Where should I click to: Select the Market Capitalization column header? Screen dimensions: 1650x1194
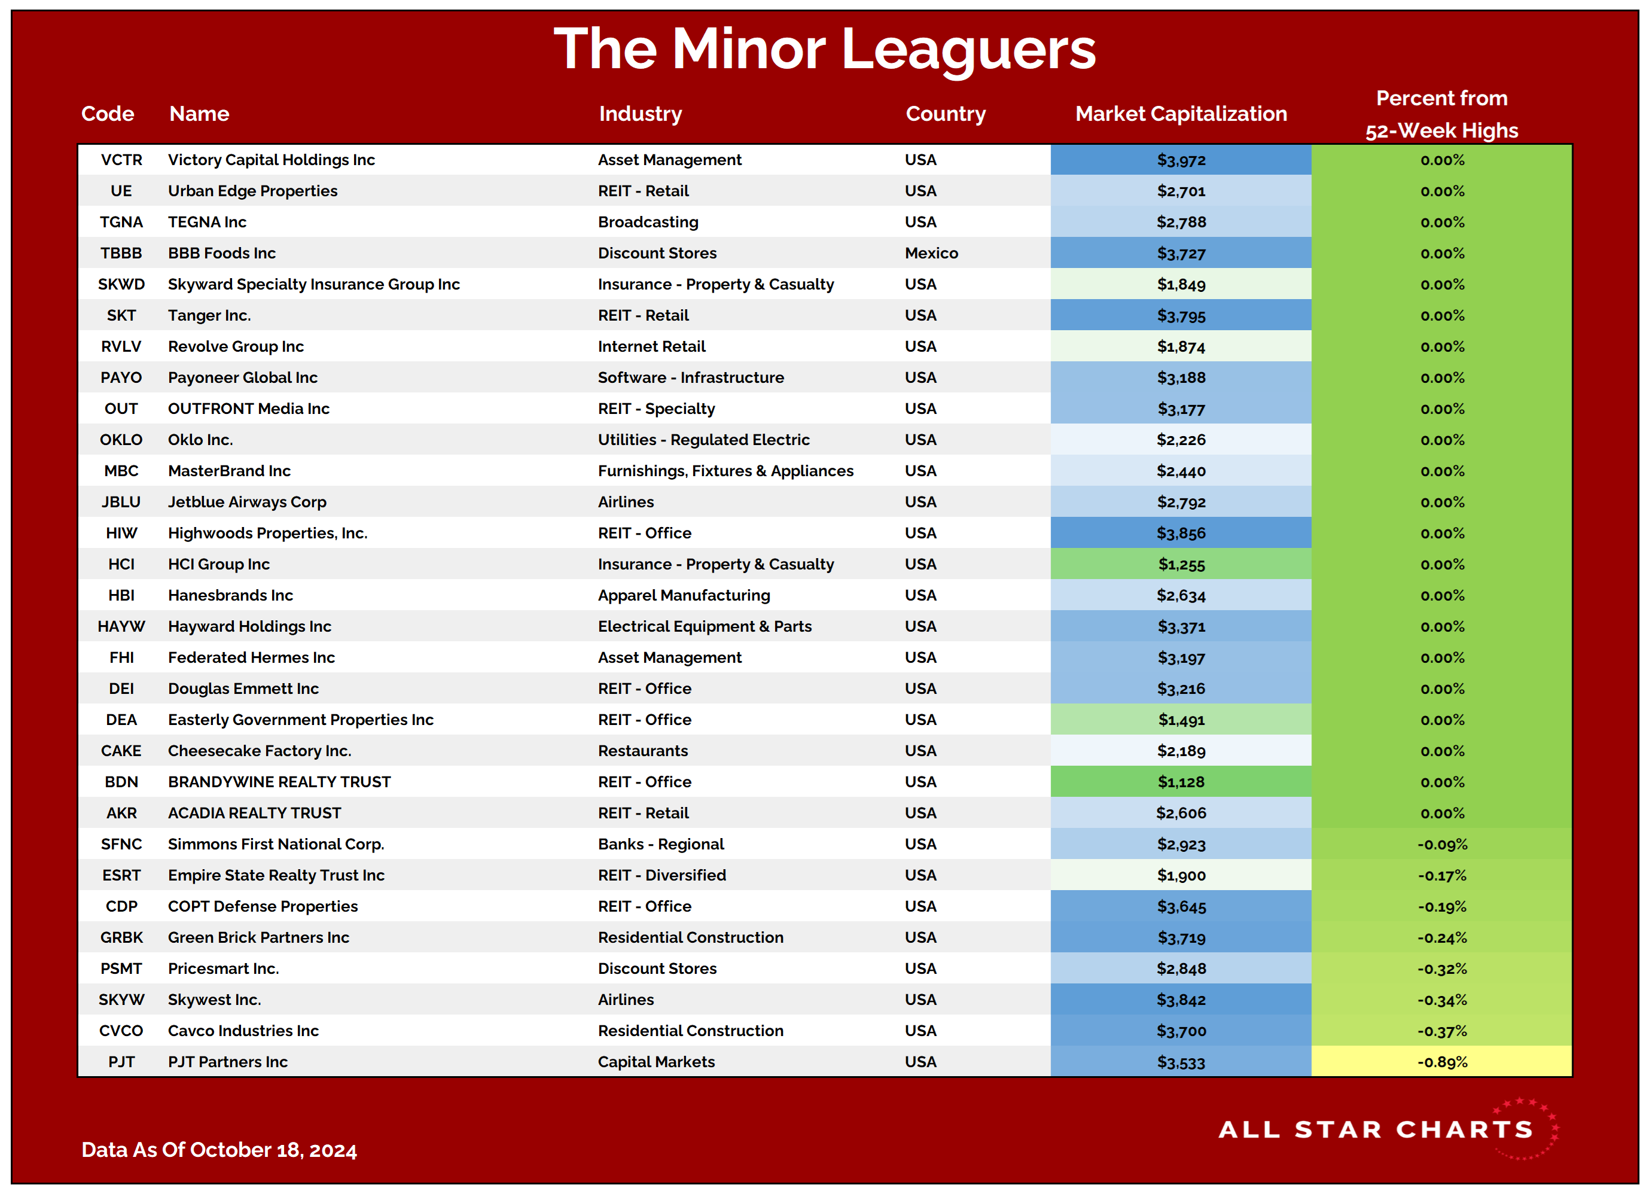[x=1181, y=114]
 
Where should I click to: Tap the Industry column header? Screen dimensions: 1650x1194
[x=641, y=114]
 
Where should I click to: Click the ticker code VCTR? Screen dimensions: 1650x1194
[x=121, y=160]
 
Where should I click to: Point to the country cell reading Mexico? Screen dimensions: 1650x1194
[x=931, y=253]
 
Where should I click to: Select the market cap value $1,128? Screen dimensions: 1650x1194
[x=1181, y=782]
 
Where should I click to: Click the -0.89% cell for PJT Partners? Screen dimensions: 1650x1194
[x=1442, y=1062]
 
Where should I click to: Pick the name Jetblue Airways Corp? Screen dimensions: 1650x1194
[x=248, y=502]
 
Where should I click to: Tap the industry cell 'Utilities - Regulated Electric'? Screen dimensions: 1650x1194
[x=703, y=440]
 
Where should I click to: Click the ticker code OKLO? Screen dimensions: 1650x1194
[x=121, y=440]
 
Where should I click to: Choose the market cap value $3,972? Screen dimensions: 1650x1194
[x=1181, y=160]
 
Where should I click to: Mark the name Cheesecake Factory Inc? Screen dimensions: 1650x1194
[x=260, y=751]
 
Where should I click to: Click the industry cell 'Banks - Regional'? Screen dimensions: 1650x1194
[x=661, y=844]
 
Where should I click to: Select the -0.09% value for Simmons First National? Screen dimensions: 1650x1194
[x=1442, y=845]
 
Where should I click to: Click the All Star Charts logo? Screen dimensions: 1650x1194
[x=1388, y=1129]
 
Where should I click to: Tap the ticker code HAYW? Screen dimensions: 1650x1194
[x=121, y=626]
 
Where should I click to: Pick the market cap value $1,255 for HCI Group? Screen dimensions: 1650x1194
[x=1181, y=565]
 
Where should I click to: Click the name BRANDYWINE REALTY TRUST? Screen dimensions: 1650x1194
[x=279, y=782]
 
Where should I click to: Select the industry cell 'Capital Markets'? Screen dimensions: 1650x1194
[x=656, y=1062]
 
